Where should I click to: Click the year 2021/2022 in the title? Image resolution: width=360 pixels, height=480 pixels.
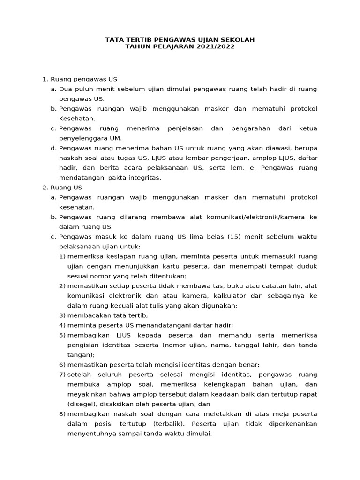(x=215, y=47)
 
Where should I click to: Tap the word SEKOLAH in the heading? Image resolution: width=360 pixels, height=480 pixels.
(x=237, y=40)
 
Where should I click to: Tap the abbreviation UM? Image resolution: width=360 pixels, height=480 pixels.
(x=115, y=138)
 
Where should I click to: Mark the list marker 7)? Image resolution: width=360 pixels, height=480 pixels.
(x=62, y=375)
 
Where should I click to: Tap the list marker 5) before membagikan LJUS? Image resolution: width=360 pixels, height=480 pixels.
(x=62, y=335)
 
